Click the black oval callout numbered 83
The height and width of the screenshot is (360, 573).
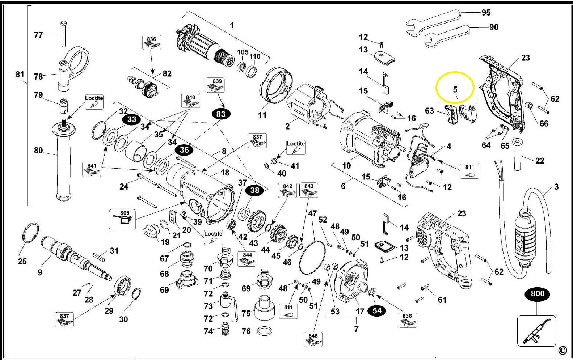click(x=220, y=114)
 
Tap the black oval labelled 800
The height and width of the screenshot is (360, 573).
click(x=537, y=293)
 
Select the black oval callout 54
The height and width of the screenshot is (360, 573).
click(x=377, y=310)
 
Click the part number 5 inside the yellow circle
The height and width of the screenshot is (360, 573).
click(x=455, y=89)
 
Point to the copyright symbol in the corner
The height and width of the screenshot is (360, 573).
click(x=562, y=350)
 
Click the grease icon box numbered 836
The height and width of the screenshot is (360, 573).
click(x=152, y=42)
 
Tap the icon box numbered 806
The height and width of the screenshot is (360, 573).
click(x=122, y=219)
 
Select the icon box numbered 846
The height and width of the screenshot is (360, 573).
click(x=313, y=339)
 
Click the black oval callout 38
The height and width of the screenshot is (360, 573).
click(x=254, y=190)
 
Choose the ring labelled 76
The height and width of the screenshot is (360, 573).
click(x=265, y=331)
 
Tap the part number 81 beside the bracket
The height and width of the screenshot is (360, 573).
click(x=20, y=75)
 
